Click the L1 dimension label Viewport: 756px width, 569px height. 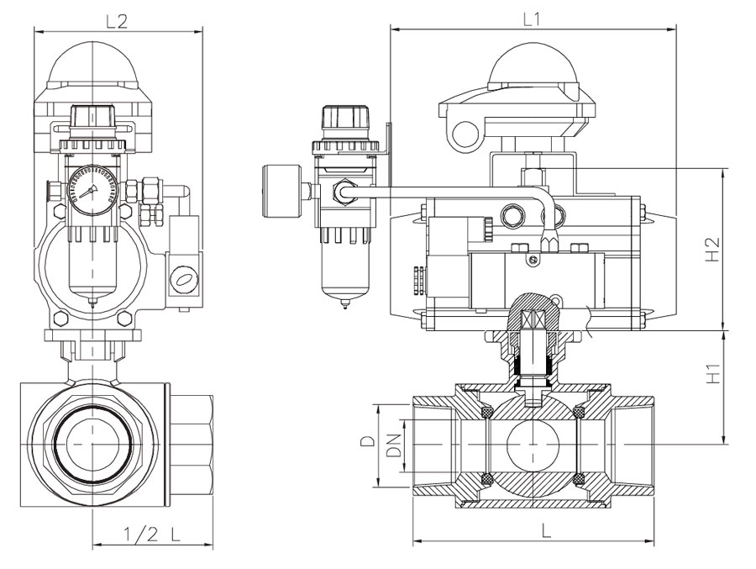pyautogui.click(x=530, y=18)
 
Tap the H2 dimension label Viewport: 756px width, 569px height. pyautogui.click(x=714, y=249)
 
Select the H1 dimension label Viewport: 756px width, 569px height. pyautogui.click(x=714, y=373)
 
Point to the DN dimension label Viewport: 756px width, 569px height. pyautogui.click(x=391, y=445)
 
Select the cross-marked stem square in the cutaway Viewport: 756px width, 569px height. pyautogui.click(x=535, y=321)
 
